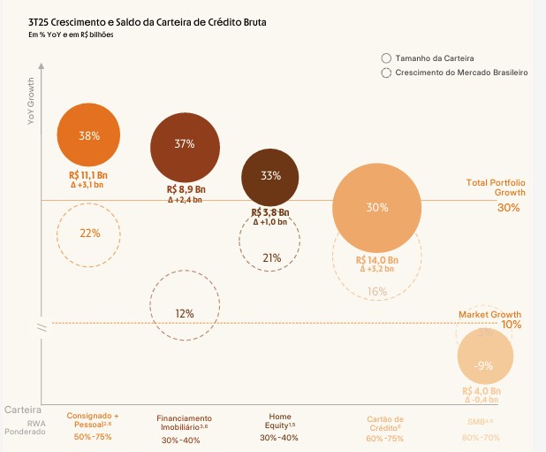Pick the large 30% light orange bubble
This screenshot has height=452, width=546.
point(376,209)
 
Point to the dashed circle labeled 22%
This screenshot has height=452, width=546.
point(89,234)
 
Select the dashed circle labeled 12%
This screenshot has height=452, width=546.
point(185,312)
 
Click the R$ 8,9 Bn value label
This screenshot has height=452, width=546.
point(186,190)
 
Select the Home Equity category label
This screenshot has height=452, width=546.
point(278,421)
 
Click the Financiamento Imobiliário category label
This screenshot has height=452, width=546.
point(185,422)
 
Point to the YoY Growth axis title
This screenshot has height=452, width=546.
point(31,100)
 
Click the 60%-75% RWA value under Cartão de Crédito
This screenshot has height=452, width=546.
point(384,438)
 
